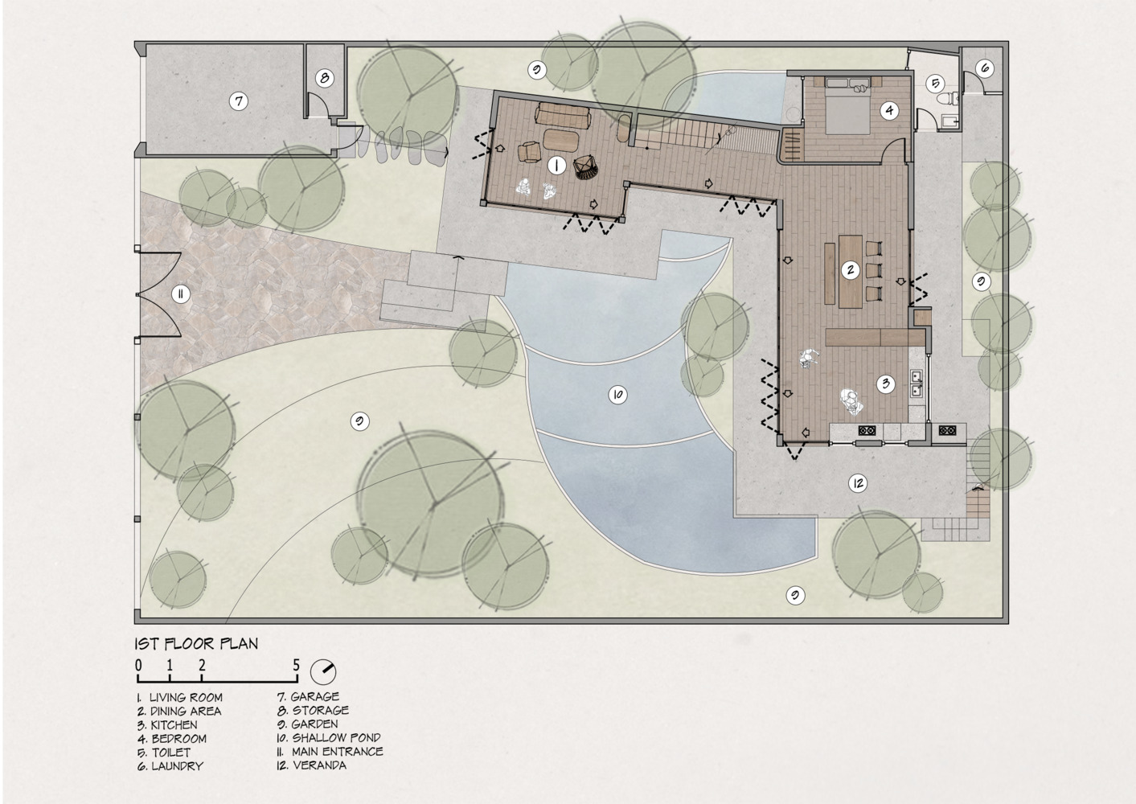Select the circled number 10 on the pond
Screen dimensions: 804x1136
coord(617,395)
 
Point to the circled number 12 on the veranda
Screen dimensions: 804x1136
coord(858,483)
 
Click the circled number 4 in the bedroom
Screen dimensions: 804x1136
coord(888,110)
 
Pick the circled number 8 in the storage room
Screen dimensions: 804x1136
coord(324,78)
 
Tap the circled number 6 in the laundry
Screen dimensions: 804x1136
coord(985,68)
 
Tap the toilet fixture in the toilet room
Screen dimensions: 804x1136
coord(948,99)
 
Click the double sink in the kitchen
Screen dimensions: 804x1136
coord(916,384)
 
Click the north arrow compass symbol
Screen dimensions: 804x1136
coord(326,670)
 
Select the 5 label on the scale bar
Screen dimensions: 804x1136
coord(296,665)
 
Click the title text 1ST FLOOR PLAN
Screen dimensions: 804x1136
coord(196,643)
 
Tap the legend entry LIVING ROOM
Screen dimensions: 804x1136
coord(186,697)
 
